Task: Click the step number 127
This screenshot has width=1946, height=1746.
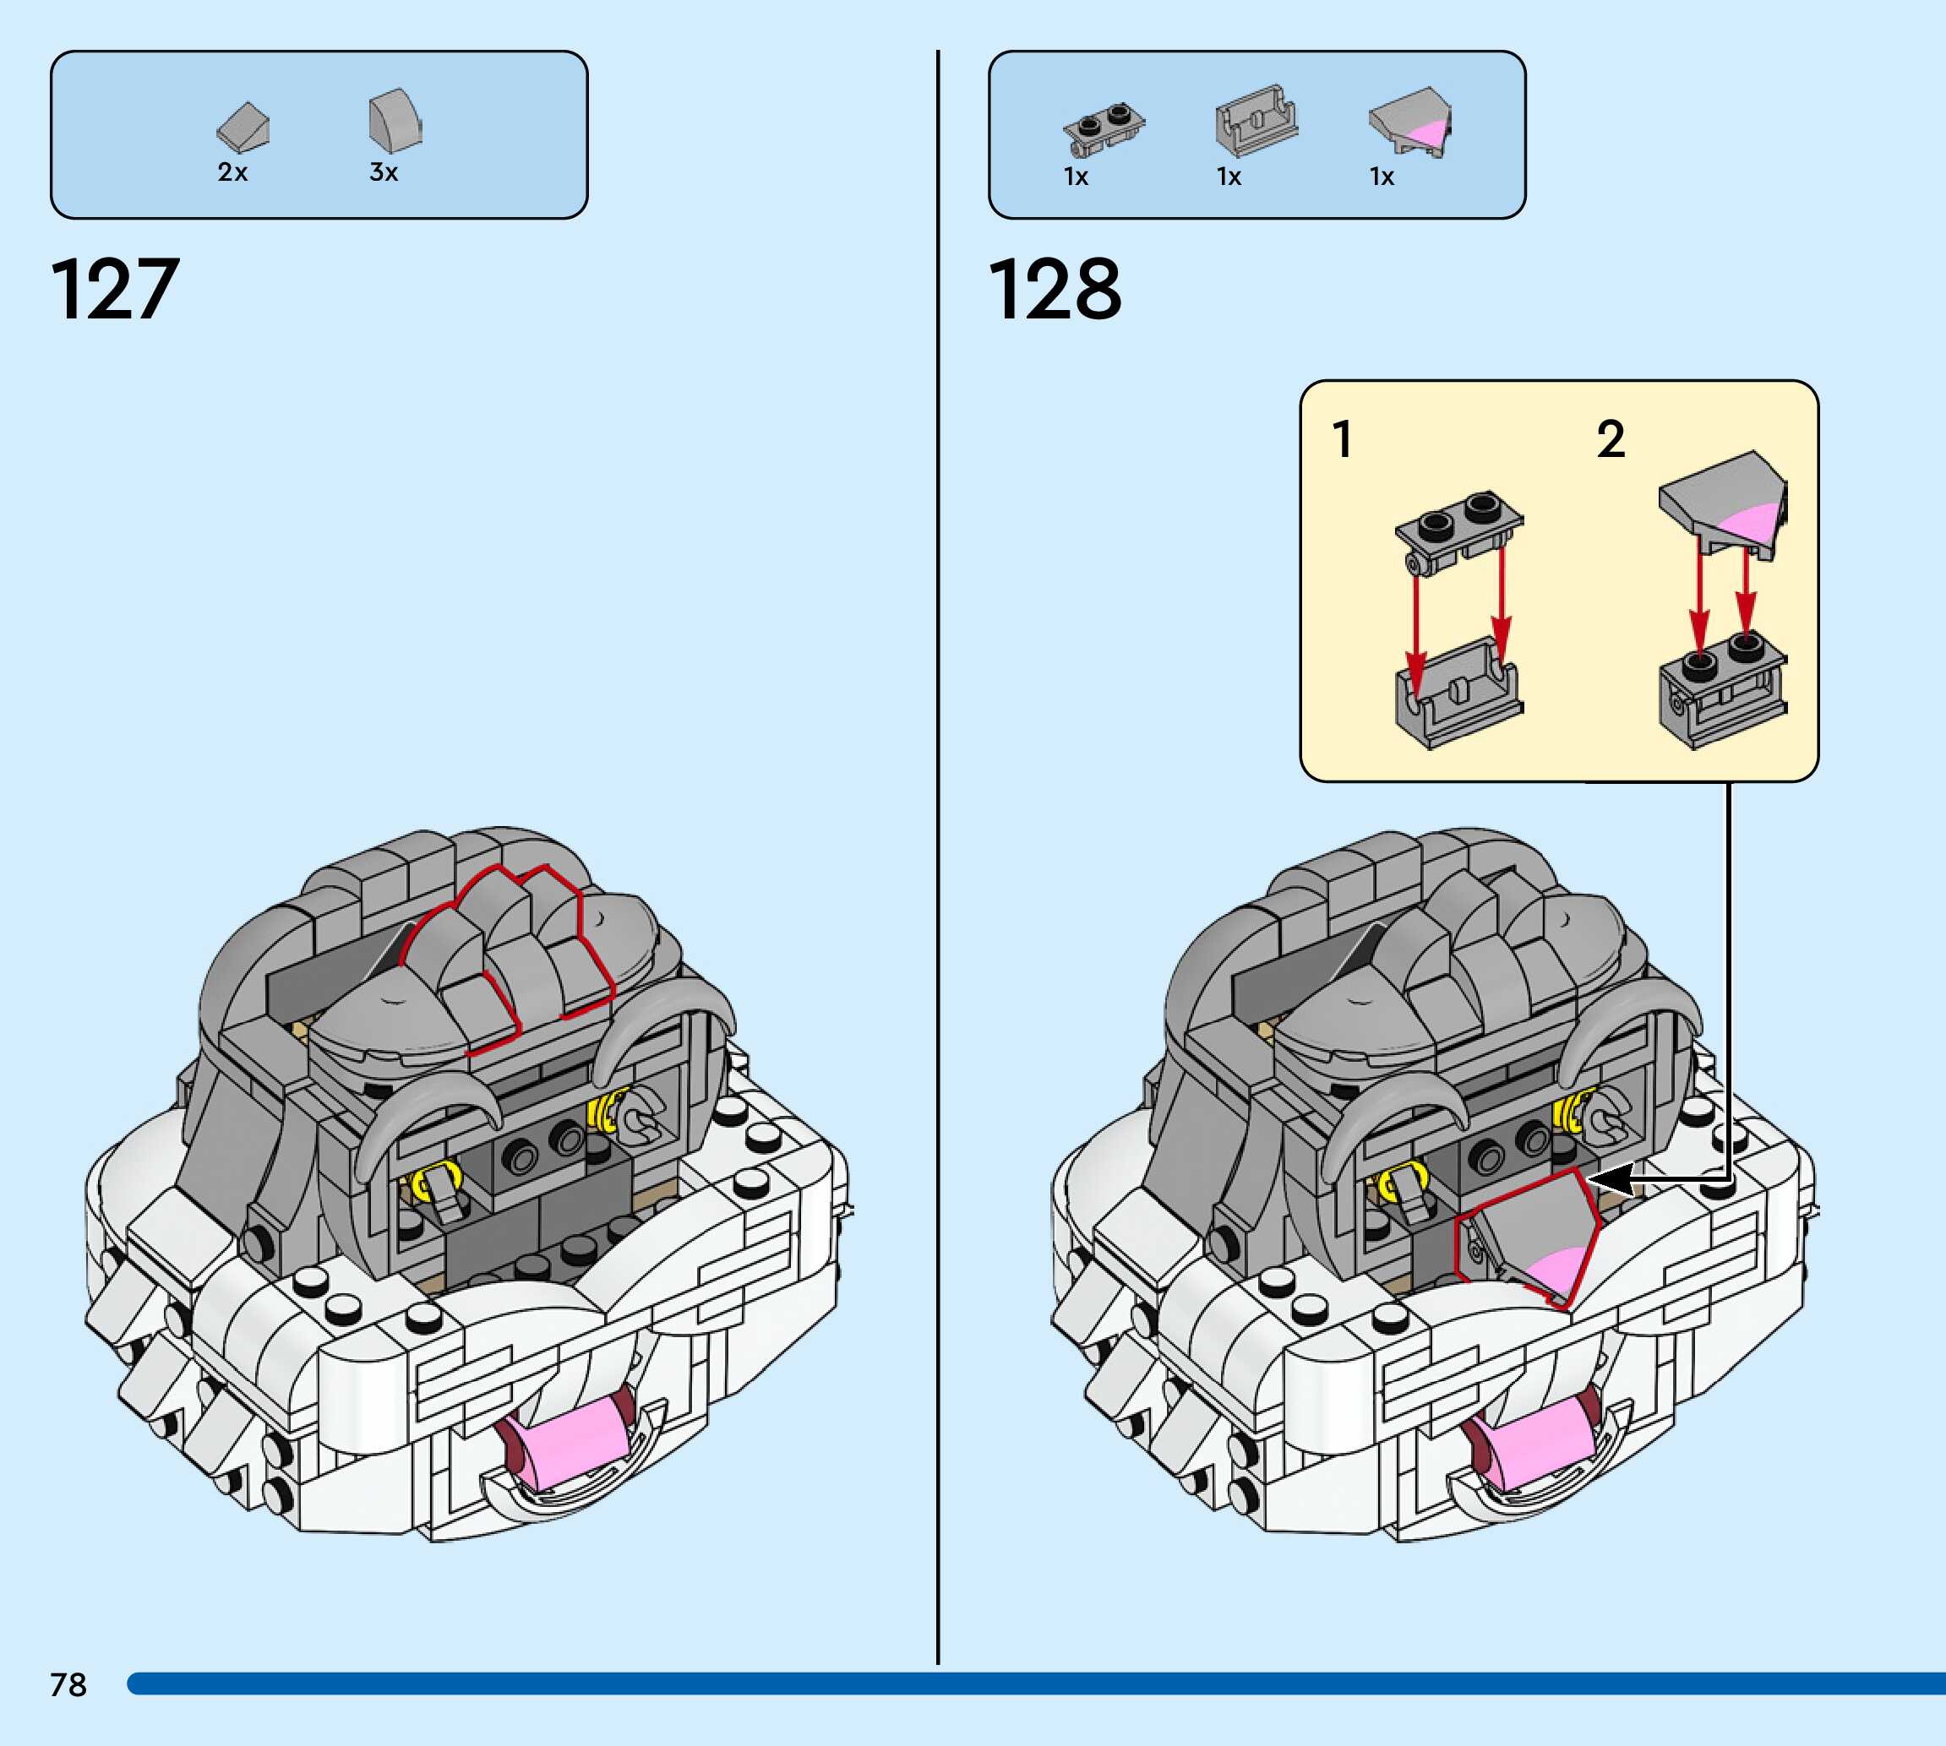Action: (x=114, y=289)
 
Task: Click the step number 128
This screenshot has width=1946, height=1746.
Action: (x=1054, y=289)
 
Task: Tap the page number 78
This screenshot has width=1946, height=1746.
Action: (x=68, y=1684)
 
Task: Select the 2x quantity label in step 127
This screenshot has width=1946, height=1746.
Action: (x=232, y=172)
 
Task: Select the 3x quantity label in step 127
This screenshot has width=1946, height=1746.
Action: (x=384, y=172)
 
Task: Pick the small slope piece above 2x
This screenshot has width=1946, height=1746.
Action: (x=243, y=128)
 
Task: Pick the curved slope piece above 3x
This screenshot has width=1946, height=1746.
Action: (x=395, y=121)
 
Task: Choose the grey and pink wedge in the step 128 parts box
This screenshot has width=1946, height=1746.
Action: (x=1409, y=122)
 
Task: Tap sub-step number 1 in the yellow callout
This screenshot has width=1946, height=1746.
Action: (x=1343, y=440)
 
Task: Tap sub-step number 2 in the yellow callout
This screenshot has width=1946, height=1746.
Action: (x=1611, y=440)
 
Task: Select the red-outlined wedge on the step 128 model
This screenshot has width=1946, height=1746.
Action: (x=1529, y=1238)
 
